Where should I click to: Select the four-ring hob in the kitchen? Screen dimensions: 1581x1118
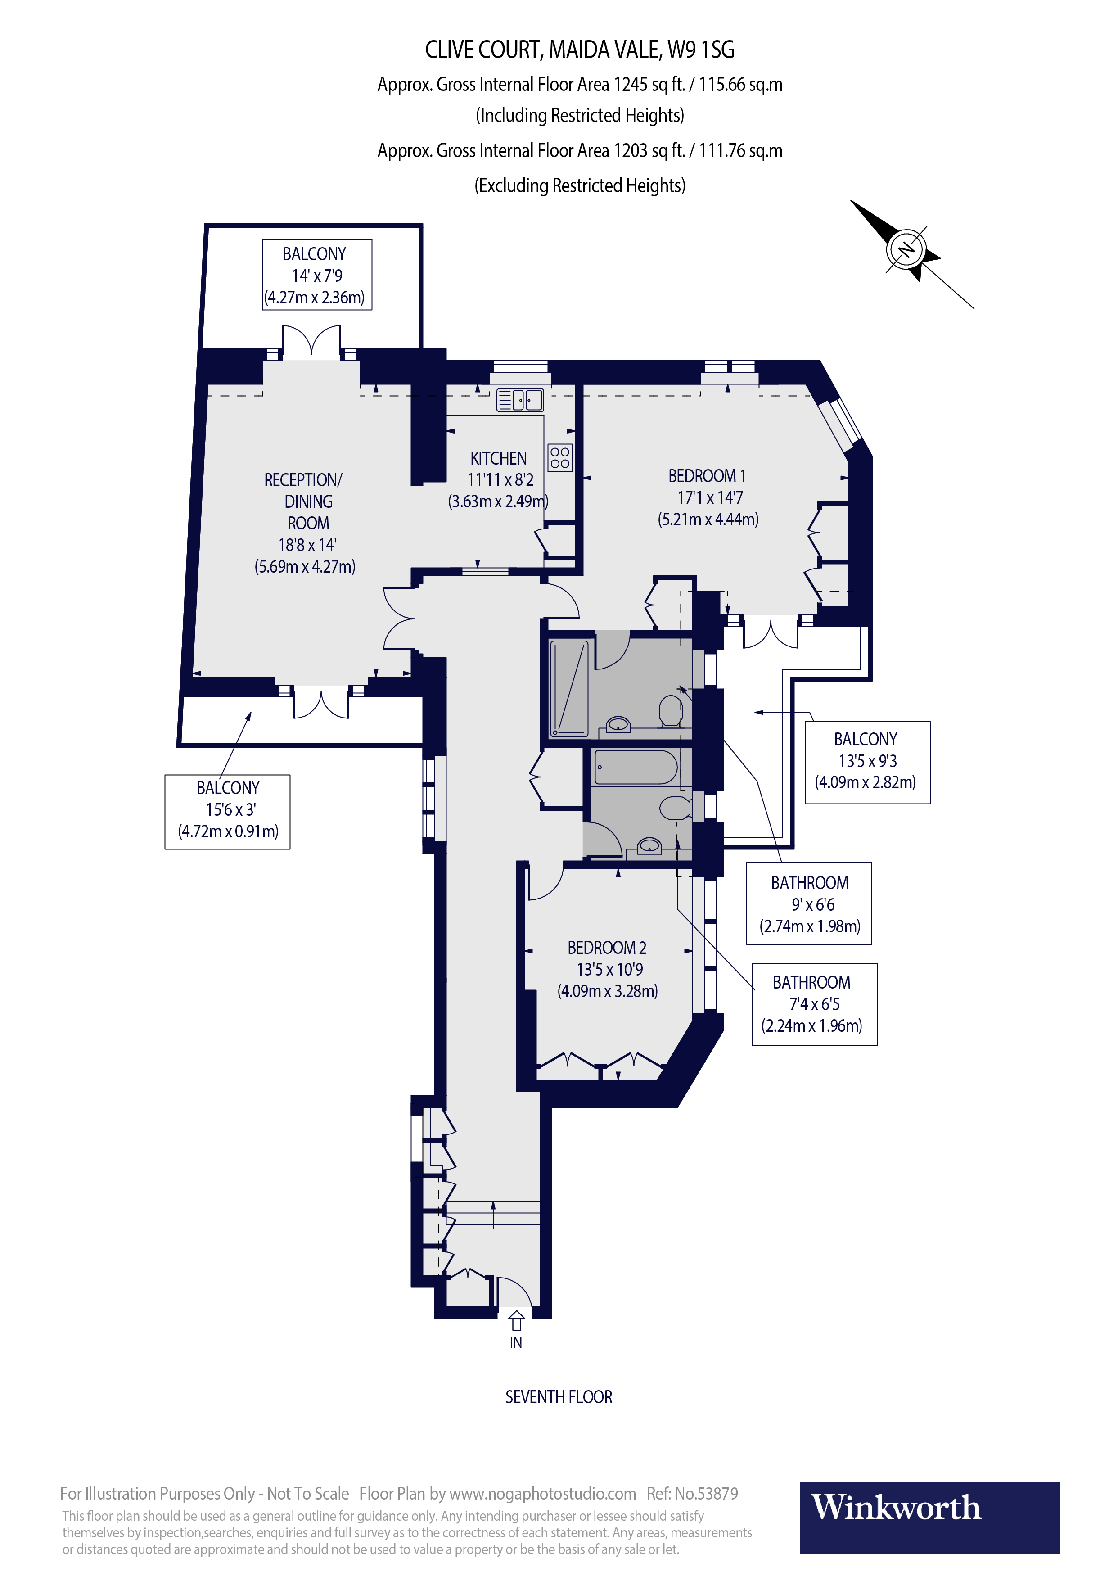pyautogui.click(x=560, y=457)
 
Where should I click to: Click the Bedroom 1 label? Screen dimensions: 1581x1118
pyautogui.click(x=708, y=497)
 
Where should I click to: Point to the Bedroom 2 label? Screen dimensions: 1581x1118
pyautogui.click(x=607, y=969)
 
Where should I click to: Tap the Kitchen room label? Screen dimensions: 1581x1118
pyautogui.click(x=498, y=479)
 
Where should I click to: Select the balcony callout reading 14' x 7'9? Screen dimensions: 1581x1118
pyautogui.click(x=317, y=275)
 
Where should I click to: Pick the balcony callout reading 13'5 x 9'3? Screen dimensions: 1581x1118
pyautogui.click(x=867, y=762)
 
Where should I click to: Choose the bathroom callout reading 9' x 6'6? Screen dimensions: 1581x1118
pyautogui.click(x=809, y=903)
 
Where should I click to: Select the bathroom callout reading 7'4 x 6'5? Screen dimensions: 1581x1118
pyautogui.click(x=814, y=1004)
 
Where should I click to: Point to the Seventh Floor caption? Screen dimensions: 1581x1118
pyautogui.click(x=558, y=1397)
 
